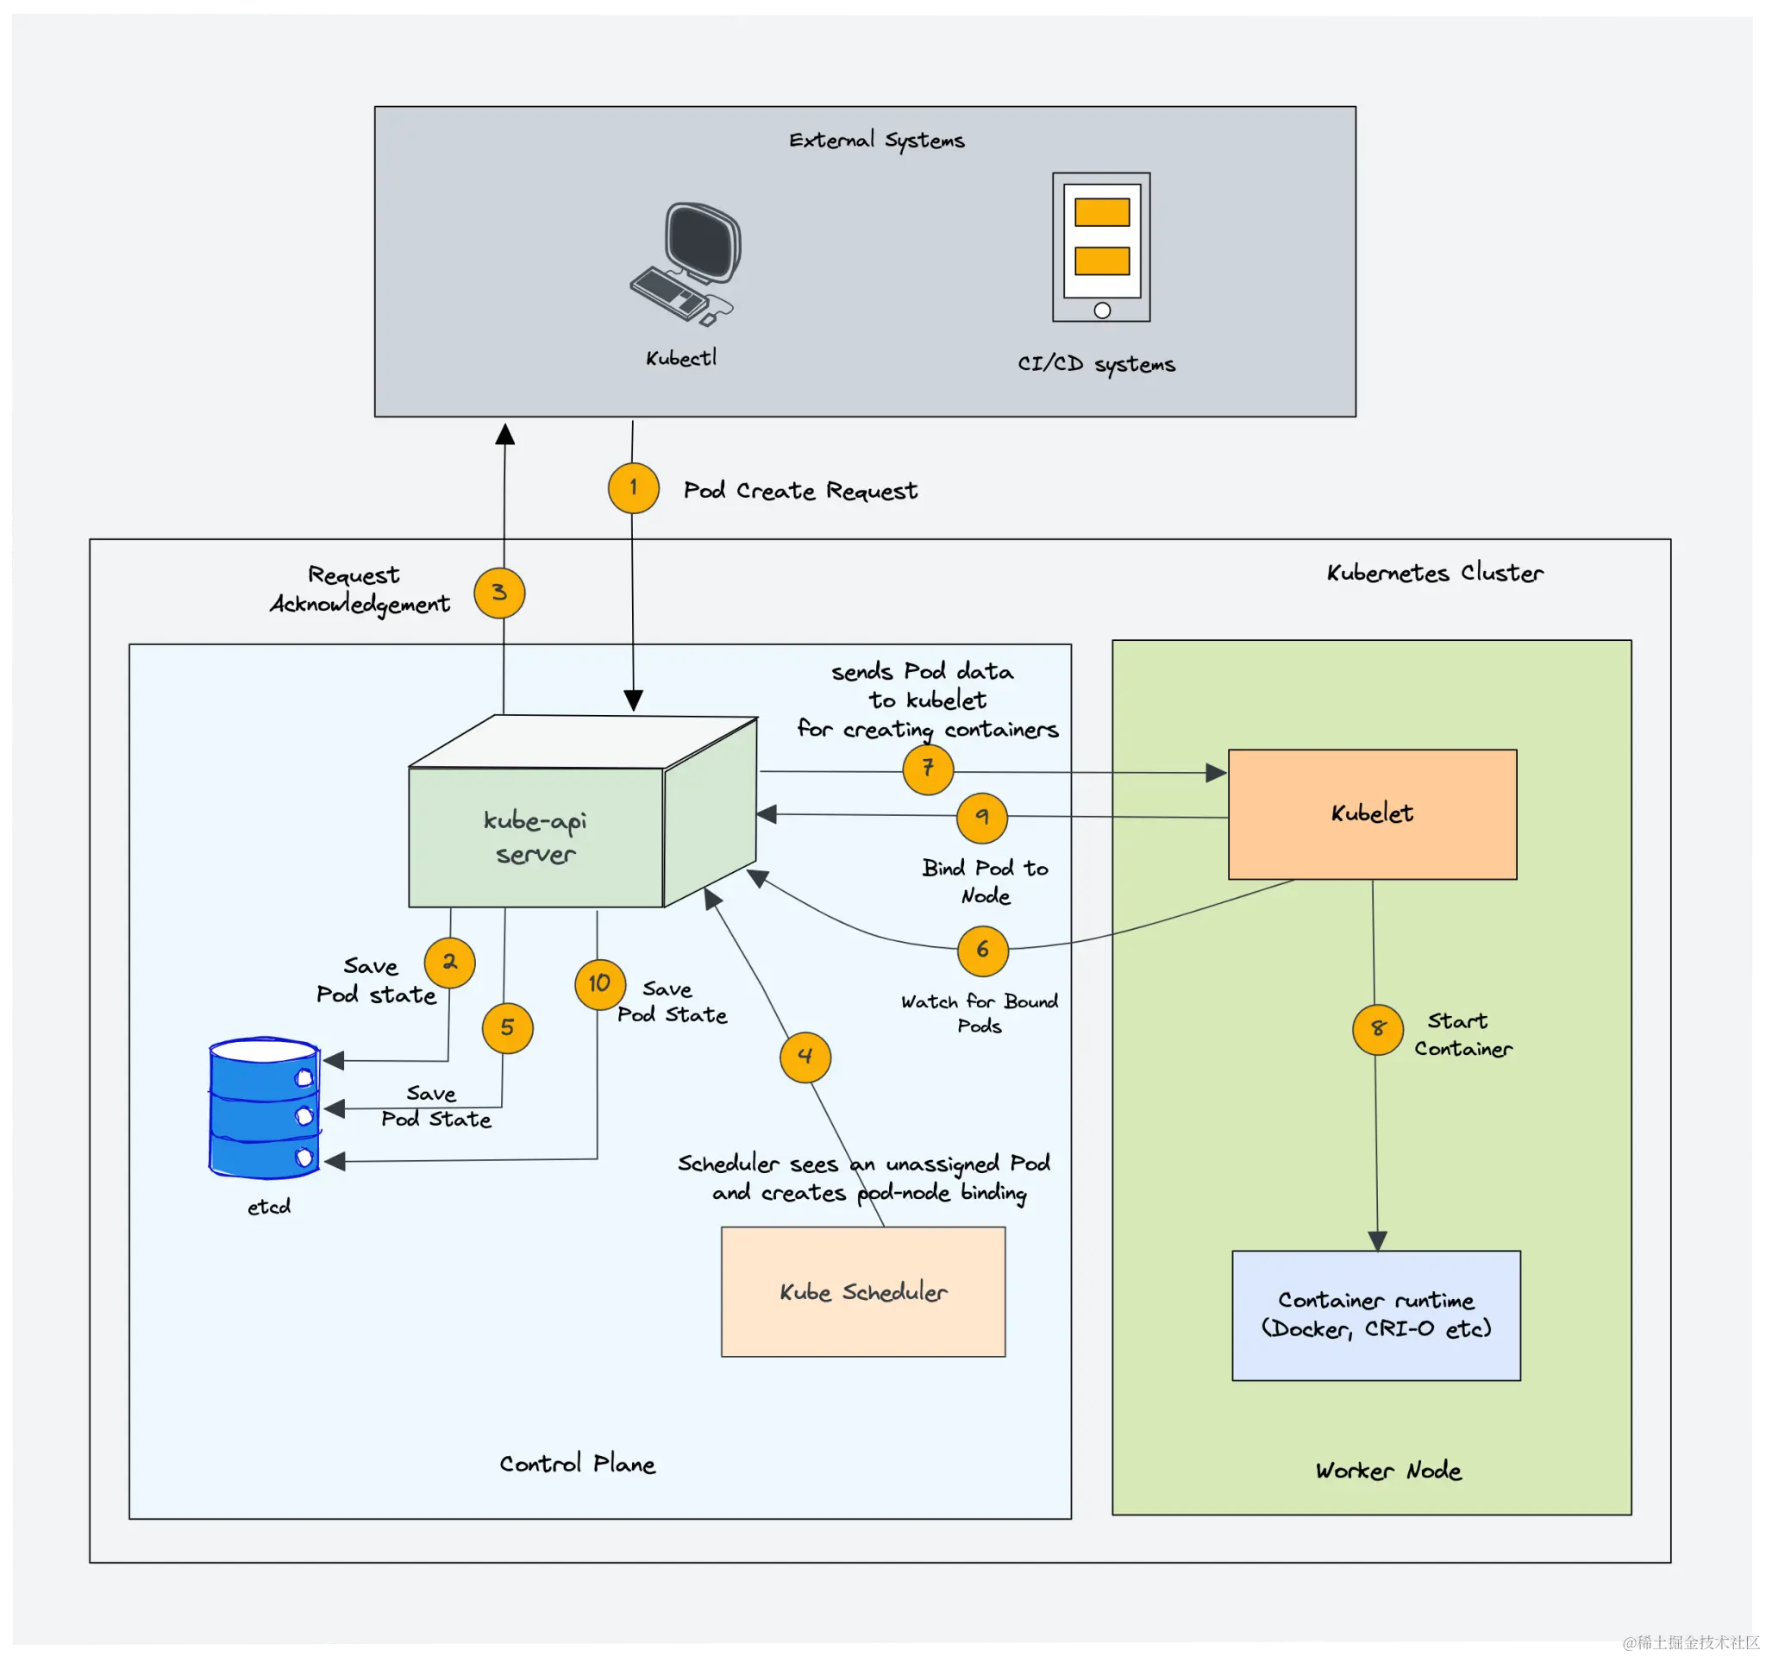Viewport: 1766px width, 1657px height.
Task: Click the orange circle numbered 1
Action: [634, 487]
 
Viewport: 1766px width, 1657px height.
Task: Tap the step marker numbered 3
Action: [499, 593]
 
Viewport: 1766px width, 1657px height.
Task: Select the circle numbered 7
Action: [928, 769]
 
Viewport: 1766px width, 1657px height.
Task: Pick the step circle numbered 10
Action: [599, 983]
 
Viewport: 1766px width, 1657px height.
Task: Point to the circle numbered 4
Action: [805, 1057]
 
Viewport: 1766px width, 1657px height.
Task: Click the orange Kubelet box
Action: [1372, 814]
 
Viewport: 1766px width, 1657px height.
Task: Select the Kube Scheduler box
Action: [862, 1292]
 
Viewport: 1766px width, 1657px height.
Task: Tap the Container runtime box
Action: [1375, 1315]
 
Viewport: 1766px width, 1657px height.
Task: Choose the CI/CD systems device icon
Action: [1100, 247]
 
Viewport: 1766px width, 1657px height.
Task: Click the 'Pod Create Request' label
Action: [799, 491]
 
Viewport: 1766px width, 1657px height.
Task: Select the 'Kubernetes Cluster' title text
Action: [1434, 573]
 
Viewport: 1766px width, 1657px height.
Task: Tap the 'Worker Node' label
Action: [1387, 1471]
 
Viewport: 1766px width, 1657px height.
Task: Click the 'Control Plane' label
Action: [577, 1463]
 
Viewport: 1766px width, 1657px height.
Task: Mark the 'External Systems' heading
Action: [876, 141]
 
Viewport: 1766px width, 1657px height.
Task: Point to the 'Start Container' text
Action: [1462, 1034]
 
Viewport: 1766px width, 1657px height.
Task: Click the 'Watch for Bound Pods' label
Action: [979, 1013]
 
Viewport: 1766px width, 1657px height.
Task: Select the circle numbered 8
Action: [1377, 1029]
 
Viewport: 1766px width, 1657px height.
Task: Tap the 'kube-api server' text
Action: [535, 837]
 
